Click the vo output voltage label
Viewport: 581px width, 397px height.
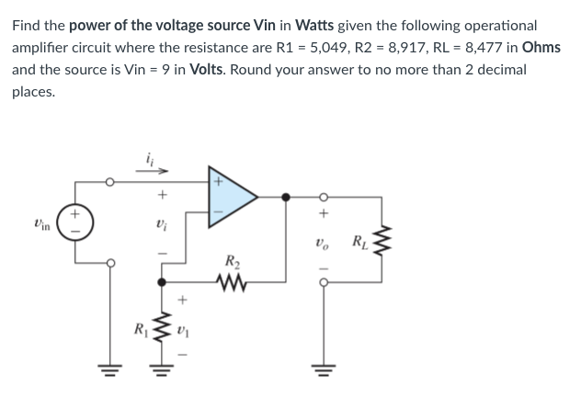324,244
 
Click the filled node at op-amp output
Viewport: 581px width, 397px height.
287,196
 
